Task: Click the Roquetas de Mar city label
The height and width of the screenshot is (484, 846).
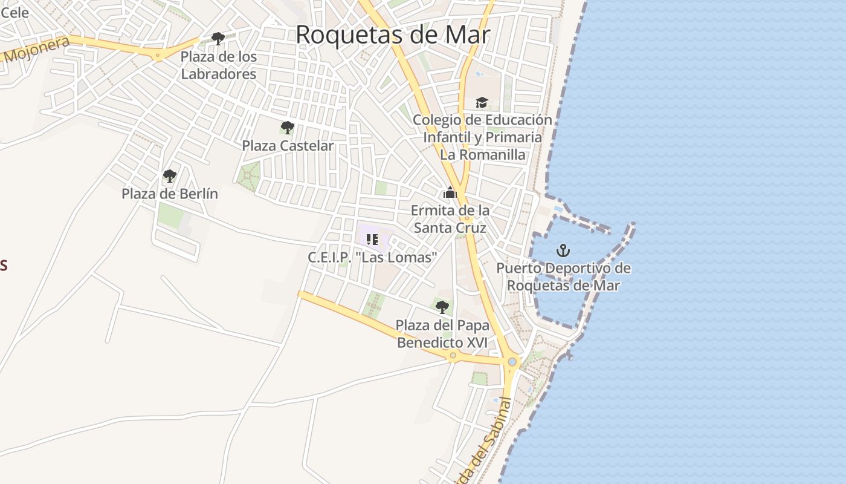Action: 392,34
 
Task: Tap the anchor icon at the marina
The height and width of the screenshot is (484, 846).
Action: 563,250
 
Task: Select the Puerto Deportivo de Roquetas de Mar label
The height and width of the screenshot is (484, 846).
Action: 563,276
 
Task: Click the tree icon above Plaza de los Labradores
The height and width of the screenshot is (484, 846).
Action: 218,39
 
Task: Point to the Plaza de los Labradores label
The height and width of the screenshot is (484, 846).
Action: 219,65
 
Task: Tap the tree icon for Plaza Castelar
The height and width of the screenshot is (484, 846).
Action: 288,128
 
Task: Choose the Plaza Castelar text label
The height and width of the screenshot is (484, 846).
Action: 288,146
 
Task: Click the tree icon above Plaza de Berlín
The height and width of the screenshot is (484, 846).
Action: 170,176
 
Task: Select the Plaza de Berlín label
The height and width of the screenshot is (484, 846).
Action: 170,194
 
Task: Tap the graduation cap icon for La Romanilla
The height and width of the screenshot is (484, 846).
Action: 482,102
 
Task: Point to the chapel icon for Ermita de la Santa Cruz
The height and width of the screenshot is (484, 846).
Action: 450,192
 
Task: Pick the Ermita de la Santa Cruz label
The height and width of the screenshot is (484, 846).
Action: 450,219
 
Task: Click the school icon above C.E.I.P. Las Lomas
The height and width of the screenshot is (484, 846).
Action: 372,240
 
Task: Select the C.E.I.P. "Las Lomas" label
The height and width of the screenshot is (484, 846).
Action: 372,258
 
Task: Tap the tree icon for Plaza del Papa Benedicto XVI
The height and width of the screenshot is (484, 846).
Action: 442,307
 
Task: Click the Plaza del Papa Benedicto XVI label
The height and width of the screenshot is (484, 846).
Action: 442,334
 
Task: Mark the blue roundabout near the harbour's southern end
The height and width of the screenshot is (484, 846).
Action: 512,362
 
